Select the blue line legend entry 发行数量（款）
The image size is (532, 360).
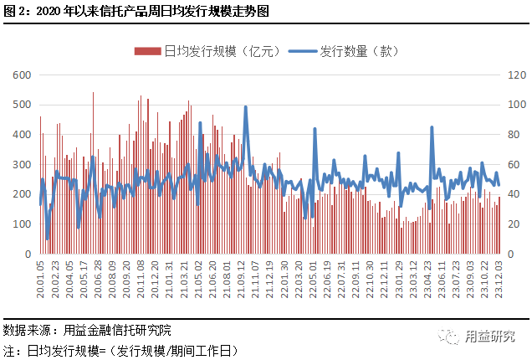point(351,52)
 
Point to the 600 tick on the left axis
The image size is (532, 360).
point(22,75)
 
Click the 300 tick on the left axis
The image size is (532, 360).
point(22,164)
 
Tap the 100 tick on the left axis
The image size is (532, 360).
point(22,224)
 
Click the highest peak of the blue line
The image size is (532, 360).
point(245,106)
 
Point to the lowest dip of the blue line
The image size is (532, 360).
point(47,239)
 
